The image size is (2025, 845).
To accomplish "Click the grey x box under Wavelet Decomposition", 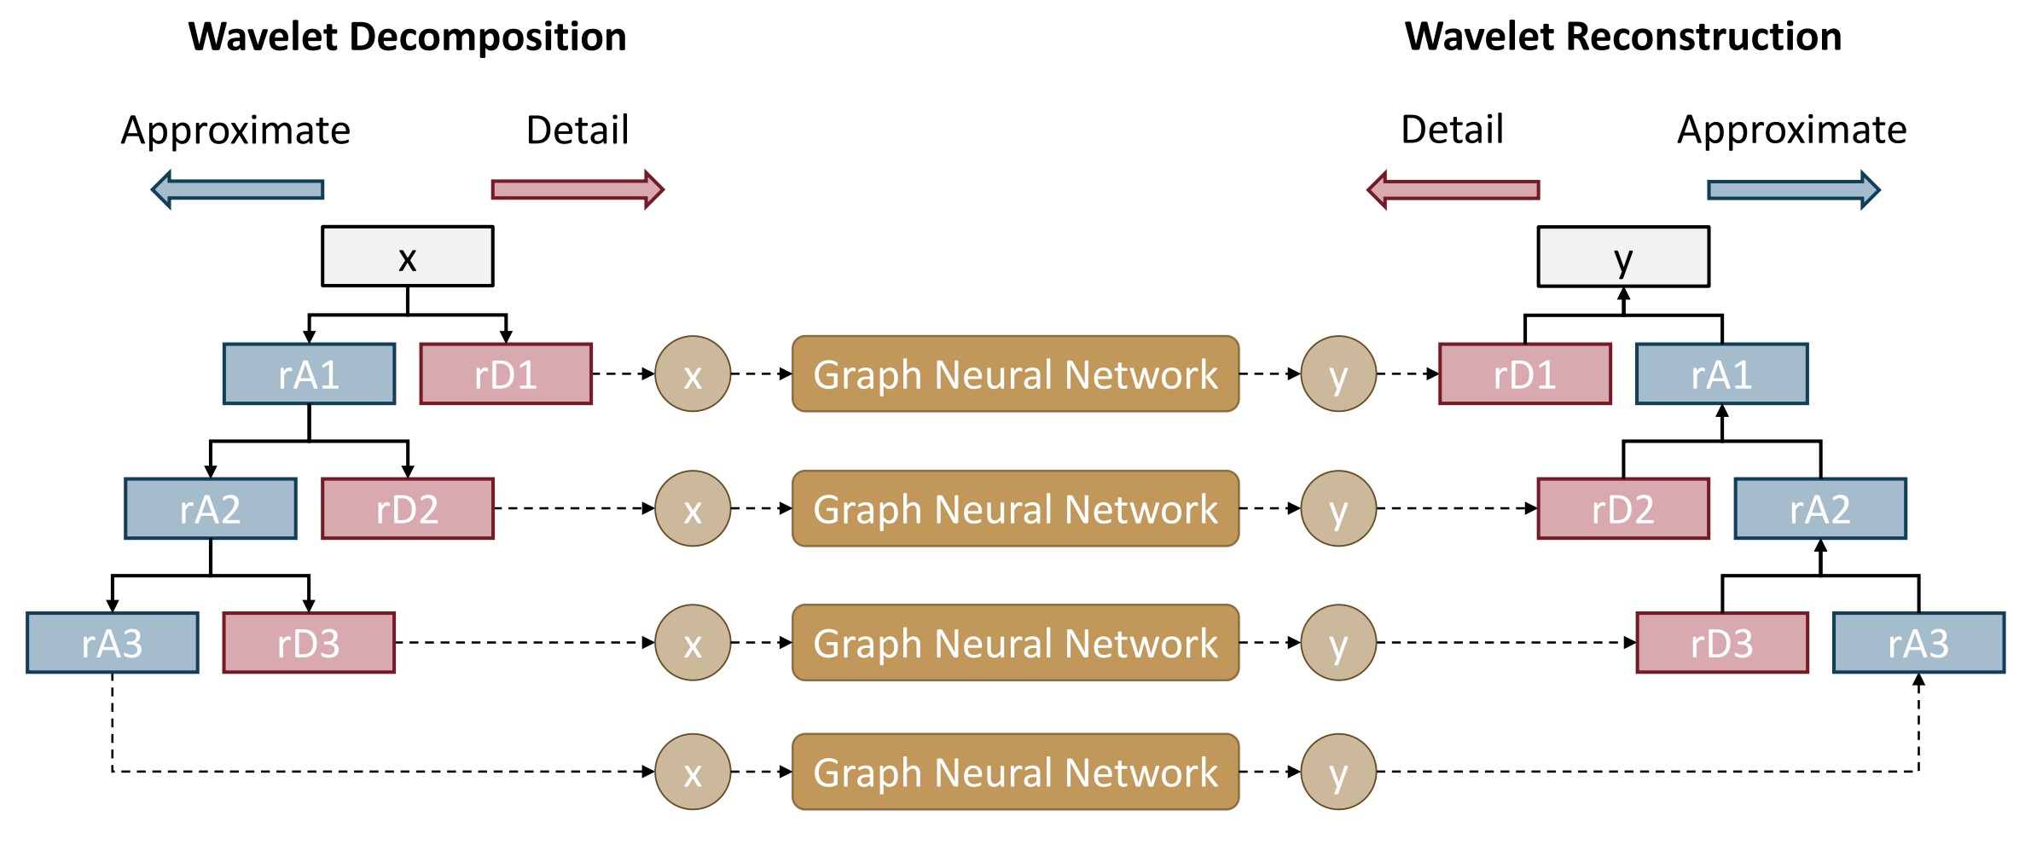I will pos(407,257).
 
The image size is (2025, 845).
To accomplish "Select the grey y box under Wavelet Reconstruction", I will pos(1622,257).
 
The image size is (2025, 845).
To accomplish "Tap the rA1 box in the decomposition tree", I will pos(309,374).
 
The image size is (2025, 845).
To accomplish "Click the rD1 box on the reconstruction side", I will pos(1524,374).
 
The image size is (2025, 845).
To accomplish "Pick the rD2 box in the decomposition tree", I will pos(407,509).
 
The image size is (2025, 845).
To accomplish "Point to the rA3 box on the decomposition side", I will pos(112,643).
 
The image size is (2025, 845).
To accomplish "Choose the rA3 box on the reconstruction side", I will pos(1918,643).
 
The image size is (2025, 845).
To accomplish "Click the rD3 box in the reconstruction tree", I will pos(1721,643).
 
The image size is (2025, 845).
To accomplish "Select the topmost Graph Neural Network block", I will pos(1015,374).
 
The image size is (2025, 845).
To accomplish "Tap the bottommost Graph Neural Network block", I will pos(1015,772).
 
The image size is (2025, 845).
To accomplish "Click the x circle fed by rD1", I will pos(693,374).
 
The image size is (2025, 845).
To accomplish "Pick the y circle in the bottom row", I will pos(1338,772).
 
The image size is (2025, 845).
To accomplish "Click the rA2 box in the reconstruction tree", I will pos(1819,509).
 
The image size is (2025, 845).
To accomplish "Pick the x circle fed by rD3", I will pos(693,643).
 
